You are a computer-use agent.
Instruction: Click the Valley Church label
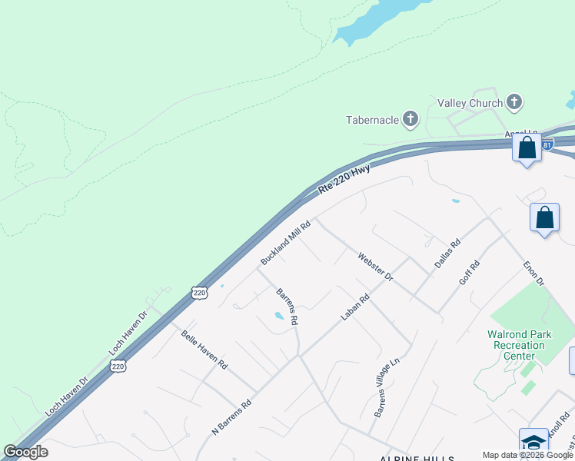[x=470, y=103]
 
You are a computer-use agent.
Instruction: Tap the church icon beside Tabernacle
[x=410, y=118]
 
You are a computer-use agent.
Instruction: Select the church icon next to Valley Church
[x=514, y=101]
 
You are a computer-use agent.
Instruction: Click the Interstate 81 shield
[x=547, y=144]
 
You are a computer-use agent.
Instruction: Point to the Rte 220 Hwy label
[x=344, y=180]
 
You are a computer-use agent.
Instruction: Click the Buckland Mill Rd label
[x=285, y=243]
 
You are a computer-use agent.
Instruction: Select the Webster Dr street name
[x=375, y=266]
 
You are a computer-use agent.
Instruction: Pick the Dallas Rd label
[x=447, y=253]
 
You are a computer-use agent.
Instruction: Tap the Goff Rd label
[x=469, y=273]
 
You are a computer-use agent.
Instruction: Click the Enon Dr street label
[x=533, y=271]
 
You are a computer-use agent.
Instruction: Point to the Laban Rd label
[x=355, y=306]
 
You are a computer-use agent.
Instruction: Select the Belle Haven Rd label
[x=204, y=350]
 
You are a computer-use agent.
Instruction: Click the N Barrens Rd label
[x=231, y=416]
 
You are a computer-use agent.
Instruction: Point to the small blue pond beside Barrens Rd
[x=279, y=315]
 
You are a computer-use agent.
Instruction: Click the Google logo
[x=26, y=452]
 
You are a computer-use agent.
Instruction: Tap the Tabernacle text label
[x=372, y=119]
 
